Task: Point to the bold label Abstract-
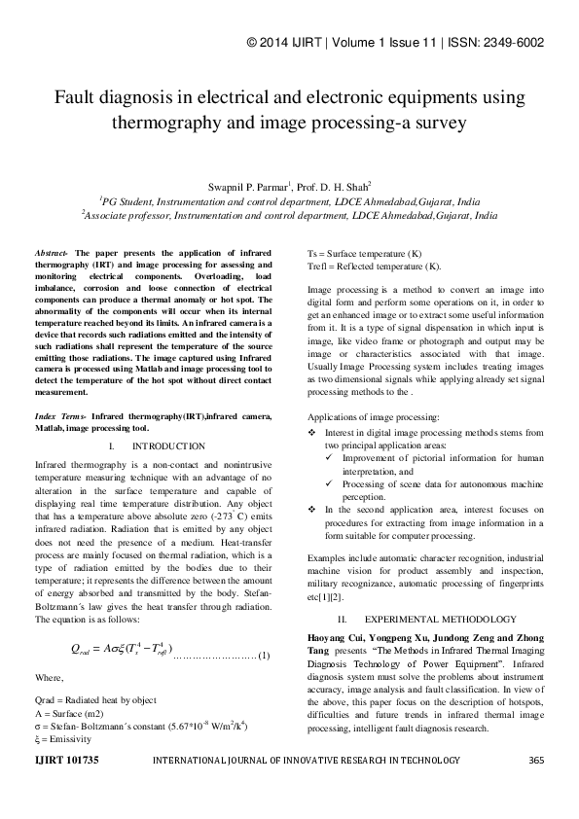[51, 251]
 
